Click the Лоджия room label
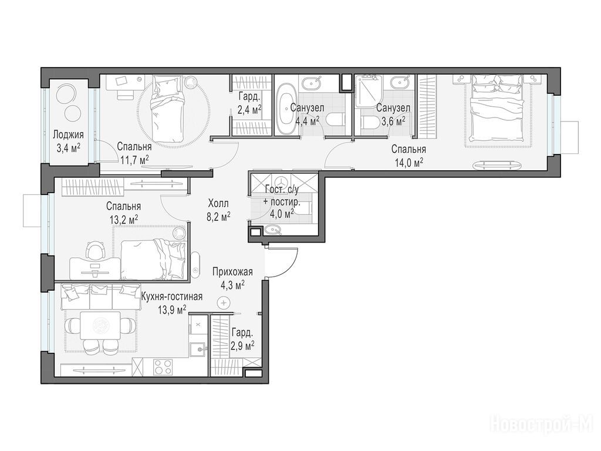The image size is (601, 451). [x=68, y=135]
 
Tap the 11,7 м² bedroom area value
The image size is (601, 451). [x=134, y=160]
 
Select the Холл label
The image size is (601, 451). [x=218, y=203]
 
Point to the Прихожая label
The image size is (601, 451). [x=232, y=272]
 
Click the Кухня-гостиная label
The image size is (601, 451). [x=172, y=297]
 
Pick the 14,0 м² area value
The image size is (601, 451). [x=409, y=162]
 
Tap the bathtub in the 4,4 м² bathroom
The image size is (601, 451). [x=286, y=109]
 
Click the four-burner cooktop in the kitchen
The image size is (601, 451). [x=163, y=368]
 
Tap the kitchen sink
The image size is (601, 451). [x=198, y=349]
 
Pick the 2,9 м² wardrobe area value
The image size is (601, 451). [x=242, y=346]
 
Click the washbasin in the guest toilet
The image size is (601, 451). [x=273, y=230]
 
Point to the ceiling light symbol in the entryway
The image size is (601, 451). [x=222, y=303]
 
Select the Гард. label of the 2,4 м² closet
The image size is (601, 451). [x=249, y=96]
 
